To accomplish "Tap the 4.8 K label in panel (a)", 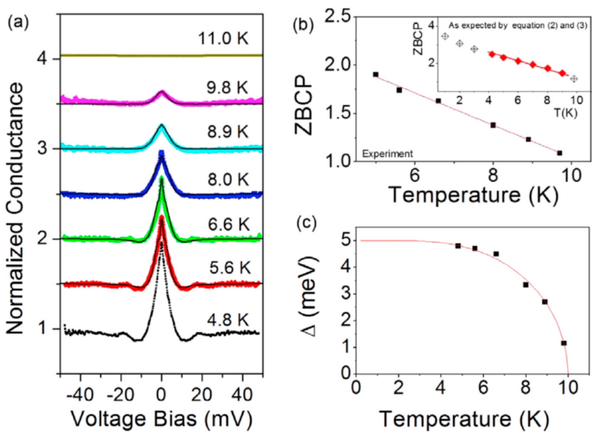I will (228, 320).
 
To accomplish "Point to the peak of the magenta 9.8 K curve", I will (162, 92).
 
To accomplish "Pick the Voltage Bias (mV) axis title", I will (162, 420).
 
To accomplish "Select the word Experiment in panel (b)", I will (387, 154).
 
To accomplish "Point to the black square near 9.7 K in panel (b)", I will (559, 153).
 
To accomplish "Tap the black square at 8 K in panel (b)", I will (493, 125).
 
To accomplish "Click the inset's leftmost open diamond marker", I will (445, 36).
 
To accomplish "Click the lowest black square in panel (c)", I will (564, 343).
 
